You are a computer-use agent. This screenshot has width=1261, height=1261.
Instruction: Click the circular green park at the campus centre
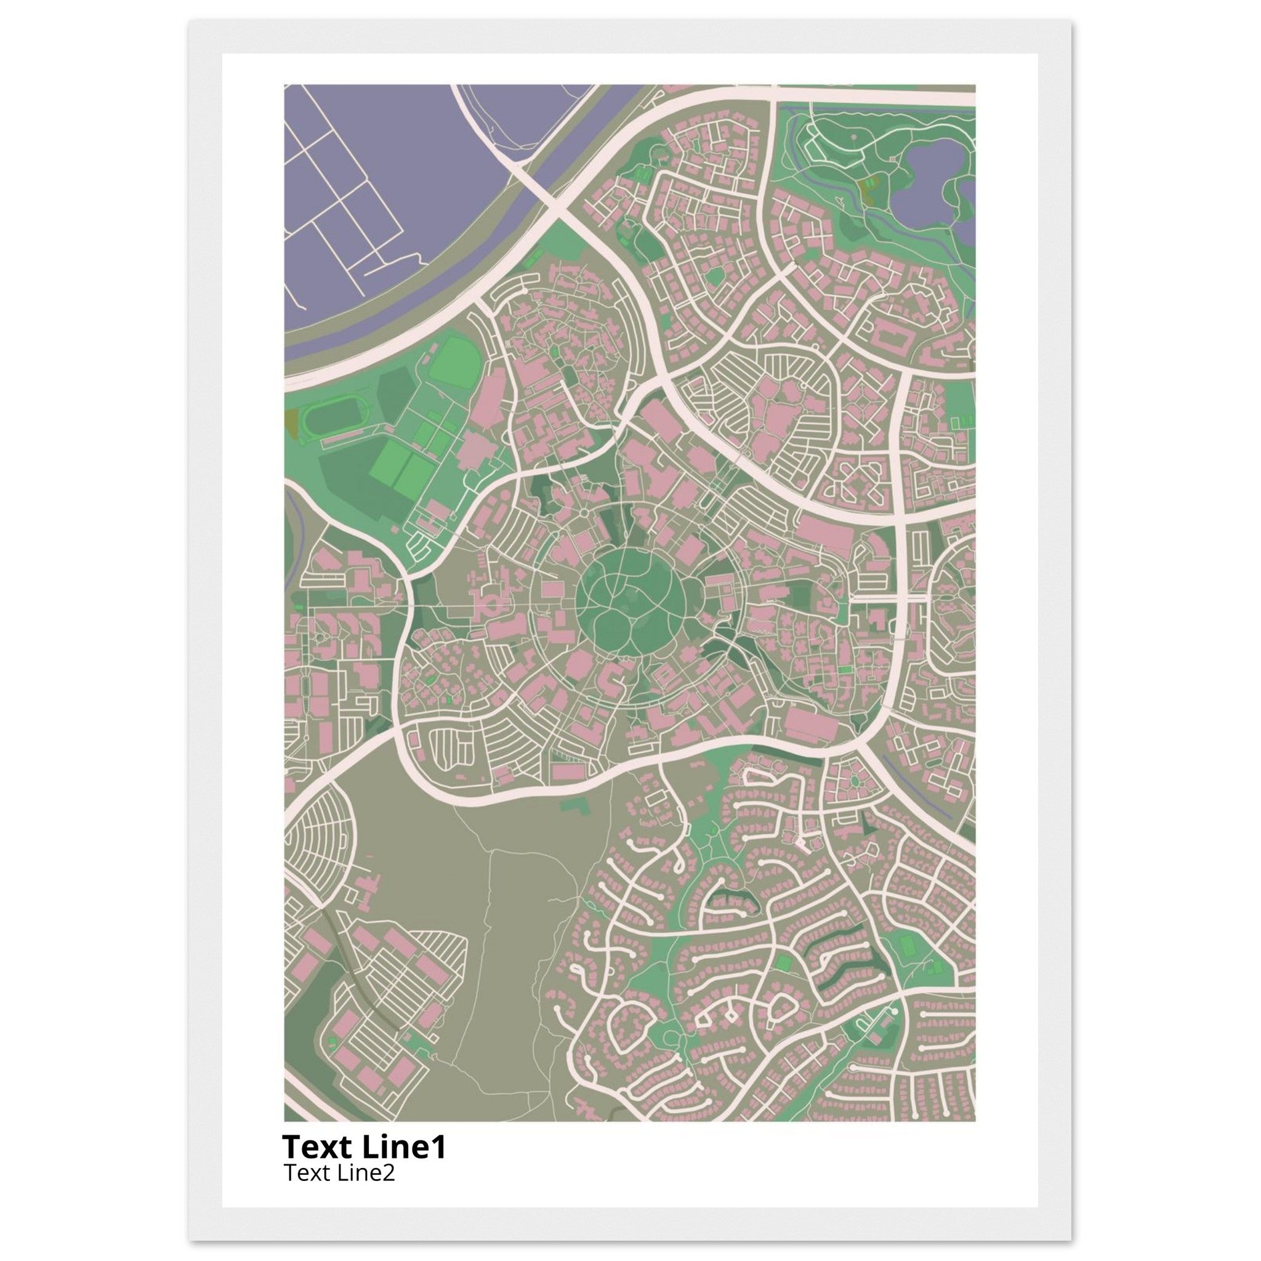click(x=630, y=601)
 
